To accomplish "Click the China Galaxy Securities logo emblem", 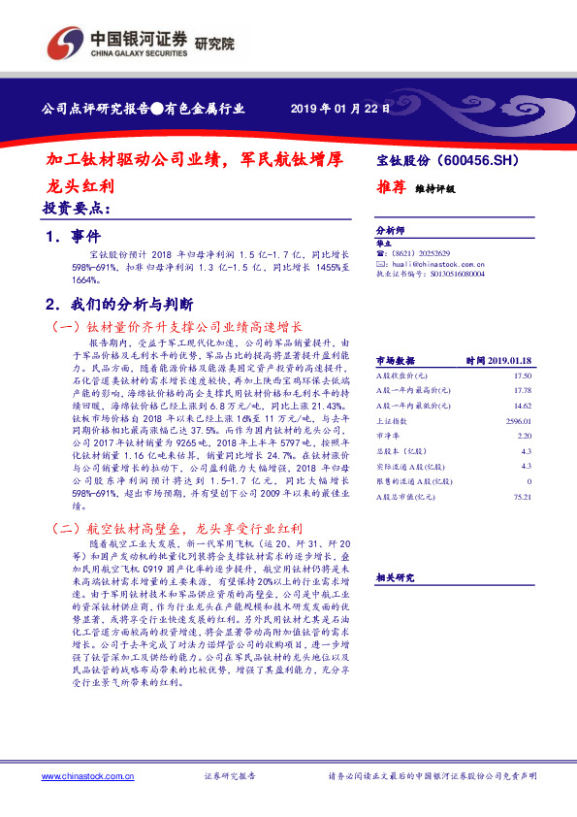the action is (66, 43).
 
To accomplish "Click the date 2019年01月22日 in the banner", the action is (340, 110).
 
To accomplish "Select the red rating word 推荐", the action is (390, 189).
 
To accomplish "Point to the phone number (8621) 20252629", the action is (424, 253).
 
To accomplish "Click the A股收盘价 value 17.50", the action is (523, 375).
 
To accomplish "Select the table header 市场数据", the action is (395, 358).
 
